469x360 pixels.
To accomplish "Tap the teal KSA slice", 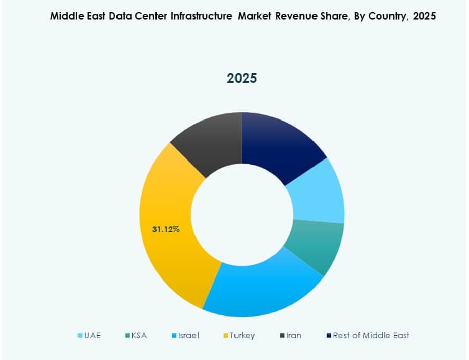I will [317, 246].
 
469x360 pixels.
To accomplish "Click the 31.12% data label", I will [166, 229].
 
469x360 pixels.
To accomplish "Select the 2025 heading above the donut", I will [242, 78].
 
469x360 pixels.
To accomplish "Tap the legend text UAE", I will [93, 335].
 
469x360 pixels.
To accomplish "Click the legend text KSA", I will [138, 335].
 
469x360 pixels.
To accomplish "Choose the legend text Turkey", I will [242, 335].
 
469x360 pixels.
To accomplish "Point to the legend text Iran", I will [294, 335].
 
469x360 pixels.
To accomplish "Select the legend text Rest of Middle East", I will [371, 335].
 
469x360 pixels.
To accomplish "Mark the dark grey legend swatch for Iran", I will [282, 336].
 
